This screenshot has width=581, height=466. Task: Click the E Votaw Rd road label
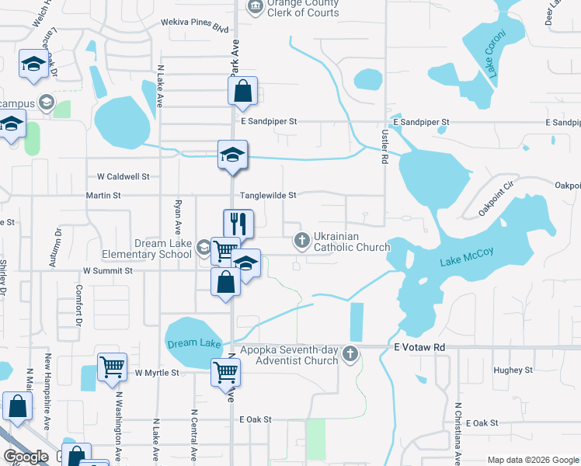[x=419, y=346]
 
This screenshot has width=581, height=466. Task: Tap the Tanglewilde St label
[x=268, y=196]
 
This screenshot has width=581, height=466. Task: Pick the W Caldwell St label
[x=123, y=177]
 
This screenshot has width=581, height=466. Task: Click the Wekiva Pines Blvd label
[x=194, y=28]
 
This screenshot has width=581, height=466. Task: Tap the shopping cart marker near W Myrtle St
[x=225, y=372]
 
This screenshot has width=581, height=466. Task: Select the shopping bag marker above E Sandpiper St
[x=242, y=91]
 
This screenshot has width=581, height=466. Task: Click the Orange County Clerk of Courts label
[x=303, y=9]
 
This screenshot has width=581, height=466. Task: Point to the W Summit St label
[x=108, y=271]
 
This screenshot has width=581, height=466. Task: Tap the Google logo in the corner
[x=26, y=457]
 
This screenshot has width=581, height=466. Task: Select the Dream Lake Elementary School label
[x=147, y=249]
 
